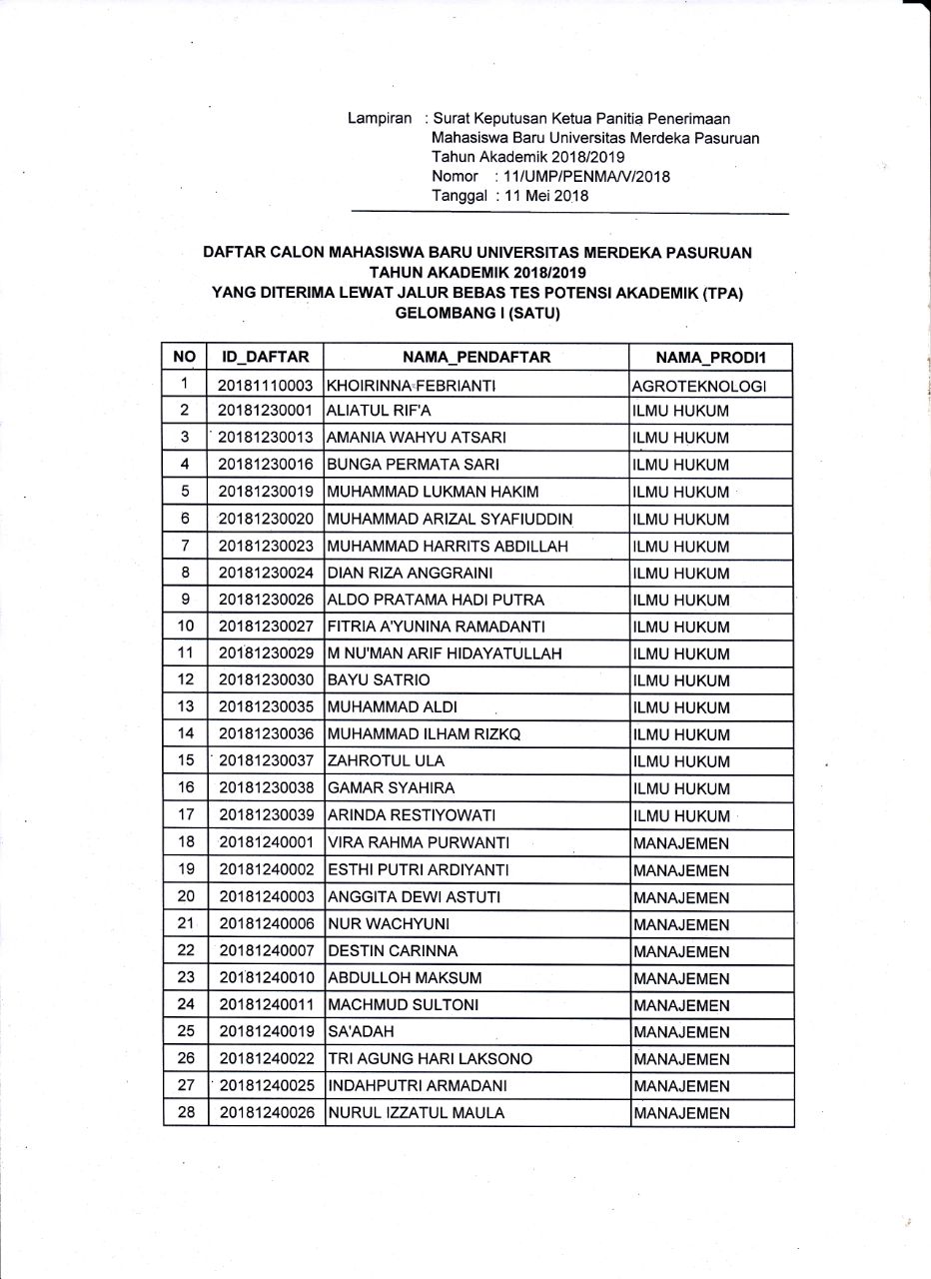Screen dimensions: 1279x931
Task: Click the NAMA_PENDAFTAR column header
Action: (x=476, y=357)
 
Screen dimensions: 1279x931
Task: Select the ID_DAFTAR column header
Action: (x=266, y=357)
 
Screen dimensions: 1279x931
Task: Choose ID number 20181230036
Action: (x=266, y=735)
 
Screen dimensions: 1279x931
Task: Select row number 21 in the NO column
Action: (x=185, y=924)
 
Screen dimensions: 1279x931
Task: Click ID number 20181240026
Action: (x=266, y=1113)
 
